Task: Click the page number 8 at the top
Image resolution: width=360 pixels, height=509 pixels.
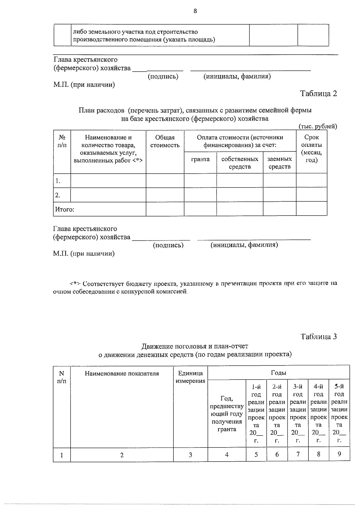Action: pyautogui.click(x=195, y=11)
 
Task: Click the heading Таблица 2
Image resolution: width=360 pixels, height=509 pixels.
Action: pyautogui.click(x=319, y=94)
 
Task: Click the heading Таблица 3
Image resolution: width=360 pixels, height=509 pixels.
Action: pyautogui.click(x=319, y=337)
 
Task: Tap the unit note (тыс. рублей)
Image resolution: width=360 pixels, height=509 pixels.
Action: pyautogui.click(x=318, y=126)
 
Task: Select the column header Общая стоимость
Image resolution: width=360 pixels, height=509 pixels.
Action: pyautogui.click(x=165, y=141)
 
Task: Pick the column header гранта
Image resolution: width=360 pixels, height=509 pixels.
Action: pyautogui.click(x=200, y=159)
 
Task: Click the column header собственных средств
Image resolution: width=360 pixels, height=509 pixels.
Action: pyautogui.click(x=240, y=163)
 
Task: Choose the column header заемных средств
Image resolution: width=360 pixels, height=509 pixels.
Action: pyautogui.click(x=279, y=163)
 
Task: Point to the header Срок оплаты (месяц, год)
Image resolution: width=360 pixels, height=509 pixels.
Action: pyautogui.click(x=311, y=149)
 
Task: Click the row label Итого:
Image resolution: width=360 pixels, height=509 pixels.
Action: pyautogui.click(x=64, y=209)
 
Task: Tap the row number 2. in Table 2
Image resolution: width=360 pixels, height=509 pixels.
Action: pyautogui.click(x=58, y=195)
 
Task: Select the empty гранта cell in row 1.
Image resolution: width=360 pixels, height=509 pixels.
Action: pyautogui.click(x=200, y=181)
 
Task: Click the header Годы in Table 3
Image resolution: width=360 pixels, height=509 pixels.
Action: pyautogui.click(x=278, y=373)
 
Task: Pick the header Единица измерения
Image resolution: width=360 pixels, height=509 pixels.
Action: pyautogui.click(x=190, y=377)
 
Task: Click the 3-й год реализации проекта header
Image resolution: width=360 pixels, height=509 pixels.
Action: pyautogui.click(x=298, y=413)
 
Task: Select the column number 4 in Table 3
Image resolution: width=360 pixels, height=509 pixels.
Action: pyautogui.click(x=227, y=454)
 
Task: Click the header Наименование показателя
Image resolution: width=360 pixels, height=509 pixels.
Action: pyautogui.click(x=122, y=374)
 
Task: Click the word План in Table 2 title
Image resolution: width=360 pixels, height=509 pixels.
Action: pyautogui.click(x=85, y=110)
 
